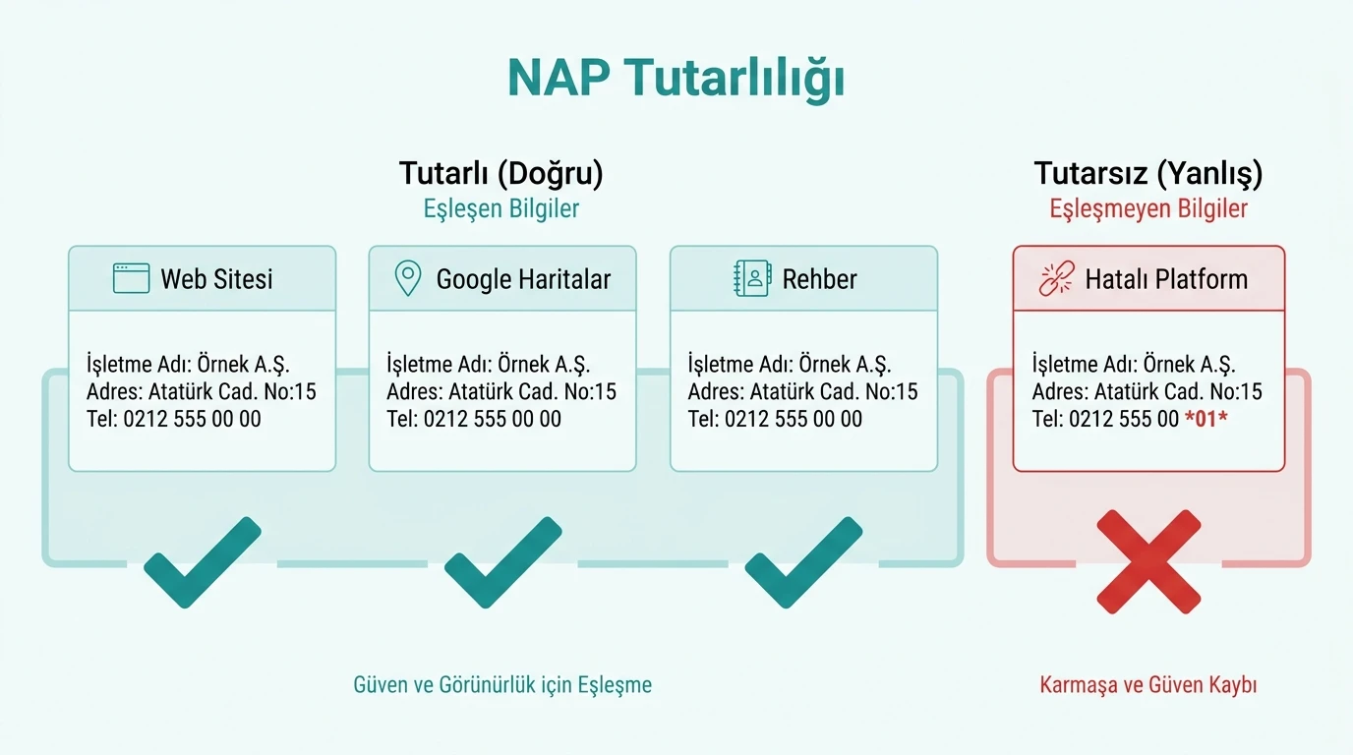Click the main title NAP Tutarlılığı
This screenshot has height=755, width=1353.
click(x=676, y=78)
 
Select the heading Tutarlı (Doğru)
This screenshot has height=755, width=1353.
click(x=500, y=173)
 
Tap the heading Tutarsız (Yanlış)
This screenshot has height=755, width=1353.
click(x=1147, y=173)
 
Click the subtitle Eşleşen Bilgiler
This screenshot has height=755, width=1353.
click(x=500, y=209)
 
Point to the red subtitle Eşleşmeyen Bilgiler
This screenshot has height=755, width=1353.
click(x=1147, y=209)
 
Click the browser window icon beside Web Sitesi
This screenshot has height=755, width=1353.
click(x=131, y=279)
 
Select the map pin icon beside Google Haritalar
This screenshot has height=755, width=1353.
click(x=407, y=279)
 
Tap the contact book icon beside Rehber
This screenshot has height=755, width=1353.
click(x=752, y=279)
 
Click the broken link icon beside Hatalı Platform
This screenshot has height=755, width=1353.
click(x=1057, y=279)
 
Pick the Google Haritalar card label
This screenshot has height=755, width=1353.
click(x=523, y=279)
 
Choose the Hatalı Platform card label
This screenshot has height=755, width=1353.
click(x=1166, y=279)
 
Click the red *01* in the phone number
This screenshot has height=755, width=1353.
click(x=1206, y=419)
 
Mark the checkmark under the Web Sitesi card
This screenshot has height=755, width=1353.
click(x=202, y=562)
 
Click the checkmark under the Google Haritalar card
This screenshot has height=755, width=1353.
click(x=502, y=562)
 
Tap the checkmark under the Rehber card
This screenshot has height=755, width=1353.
click(x=803, y=562)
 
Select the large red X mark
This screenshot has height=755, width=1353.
click(x=1147, y=560)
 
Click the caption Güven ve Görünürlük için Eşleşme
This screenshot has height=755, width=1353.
click(x=501, y=684)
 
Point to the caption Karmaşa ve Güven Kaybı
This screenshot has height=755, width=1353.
click(x=1147, y=684)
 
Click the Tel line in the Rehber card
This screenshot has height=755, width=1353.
click(x=775, y=419)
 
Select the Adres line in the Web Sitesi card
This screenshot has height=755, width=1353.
click(x=201, y=391)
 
